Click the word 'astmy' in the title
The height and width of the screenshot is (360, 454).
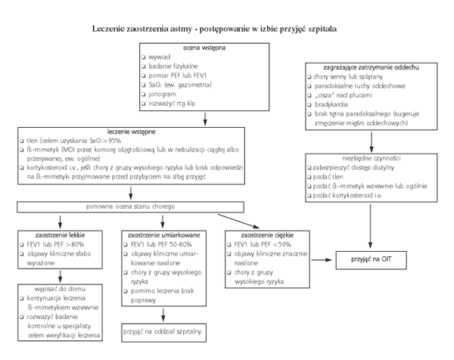tap(181, 29)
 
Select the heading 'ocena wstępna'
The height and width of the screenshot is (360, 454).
tap(204, 48)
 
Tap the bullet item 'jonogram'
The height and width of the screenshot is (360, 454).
tap(162, 95)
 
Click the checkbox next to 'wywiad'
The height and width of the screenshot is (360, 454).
tap(144, 57)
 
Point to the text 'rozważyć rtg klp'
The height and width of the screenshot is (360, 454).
tap(172, 104)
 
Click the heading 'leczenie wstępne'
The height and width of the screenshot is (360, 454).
tap(131, 132)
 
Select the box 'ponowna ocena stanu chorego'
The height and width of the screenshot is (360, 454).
tap(130, 207)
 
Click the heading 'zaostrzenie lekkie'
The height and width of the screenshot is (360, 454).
tap(60, 235)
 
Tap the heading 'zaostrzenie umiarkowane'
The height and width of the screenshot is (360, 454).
tap(164, 235)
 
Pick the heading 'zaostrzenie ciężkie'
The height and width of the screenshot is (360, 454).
tap(267, 235)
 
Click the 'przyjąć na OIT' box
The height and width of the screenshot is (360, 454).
tap(372, 260)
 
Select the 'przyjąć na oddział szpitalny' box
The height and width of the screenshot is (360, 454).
tap(164, 333)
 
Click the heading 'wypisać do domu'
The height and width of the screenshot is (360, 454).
tap(60, 289)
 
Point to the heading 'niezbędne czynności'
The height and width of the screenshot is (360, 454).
tap(372, 158)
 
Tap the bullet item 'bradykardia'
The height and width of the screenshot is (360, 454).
tap(331, 104)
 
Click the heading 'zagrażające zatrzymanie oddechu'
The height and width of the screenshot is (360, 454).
tap(372, 67)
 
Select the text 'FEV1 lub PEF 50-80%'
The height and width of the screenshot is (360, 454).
tap(162, 244)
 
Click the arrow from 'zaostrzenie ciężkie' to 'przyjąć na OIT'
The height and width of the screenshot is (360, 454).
tap(322, 260)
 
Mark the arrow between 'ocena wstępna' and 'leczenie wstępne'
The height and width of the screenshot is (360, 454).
tap(205, 119)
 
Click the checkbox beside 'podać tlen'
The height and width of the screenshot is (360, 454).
tap(309, 177)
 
